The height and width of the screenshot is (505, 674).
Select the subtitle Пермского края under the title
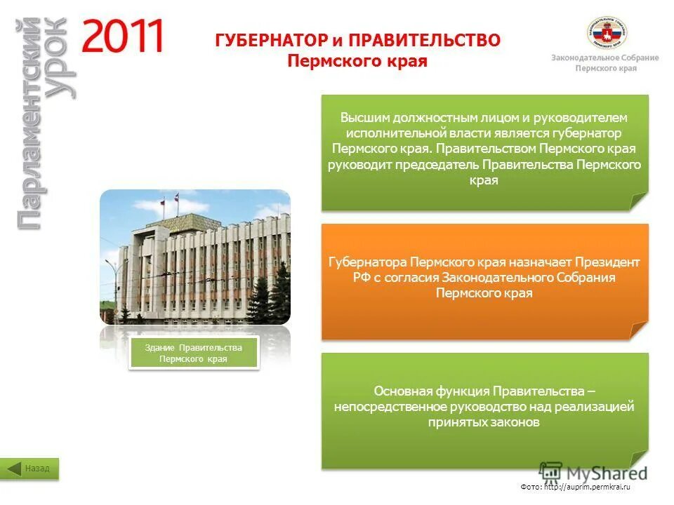click(x=357, y=61)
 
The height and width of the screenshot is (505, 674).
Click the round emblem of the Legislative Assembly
click(x=607, y=32)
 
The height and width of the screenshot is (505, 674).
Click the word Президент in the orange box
click(x=607, y=262)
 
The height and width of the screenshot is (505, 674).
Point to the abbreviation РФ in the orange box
click(x=362, y=278)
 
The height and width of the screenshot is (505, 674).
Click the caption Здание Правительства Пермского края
click(x=194, y=353)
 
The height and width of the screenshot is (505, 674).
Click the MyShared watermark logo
click(x=593, y=472)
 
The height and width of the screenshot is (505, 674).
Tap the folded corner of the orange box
click(x=638, y=330)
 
